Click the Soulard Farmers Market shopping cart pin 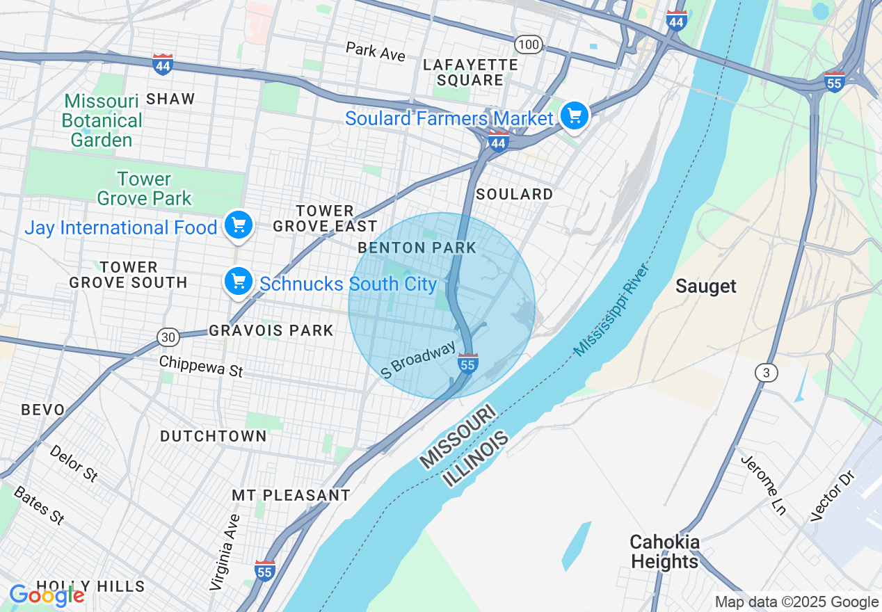pos(575,115)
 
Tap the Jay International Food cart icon pos(239,225)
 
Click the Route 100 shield pos(529,45)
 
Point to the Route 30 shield pos(168,337)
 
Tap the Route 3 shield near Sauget pos(766,373)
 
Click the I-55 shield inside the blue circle pos(468,363)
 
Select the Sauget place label pos(706,287)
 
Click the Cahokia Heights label pos(664,551)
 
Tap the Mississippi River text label pos(612,310)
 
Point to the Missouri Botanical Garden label pos(102,121)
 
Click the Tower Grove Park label pos(144,188)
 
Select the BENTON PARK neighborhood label pos(417,248)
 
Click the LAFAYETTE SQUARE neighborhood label pos(471,72)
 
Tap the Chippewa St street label pos(201,366)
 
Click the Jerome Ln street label pos(763,485)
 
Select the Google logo pos(47,595)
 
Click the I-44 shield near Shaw pos(163,64)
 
